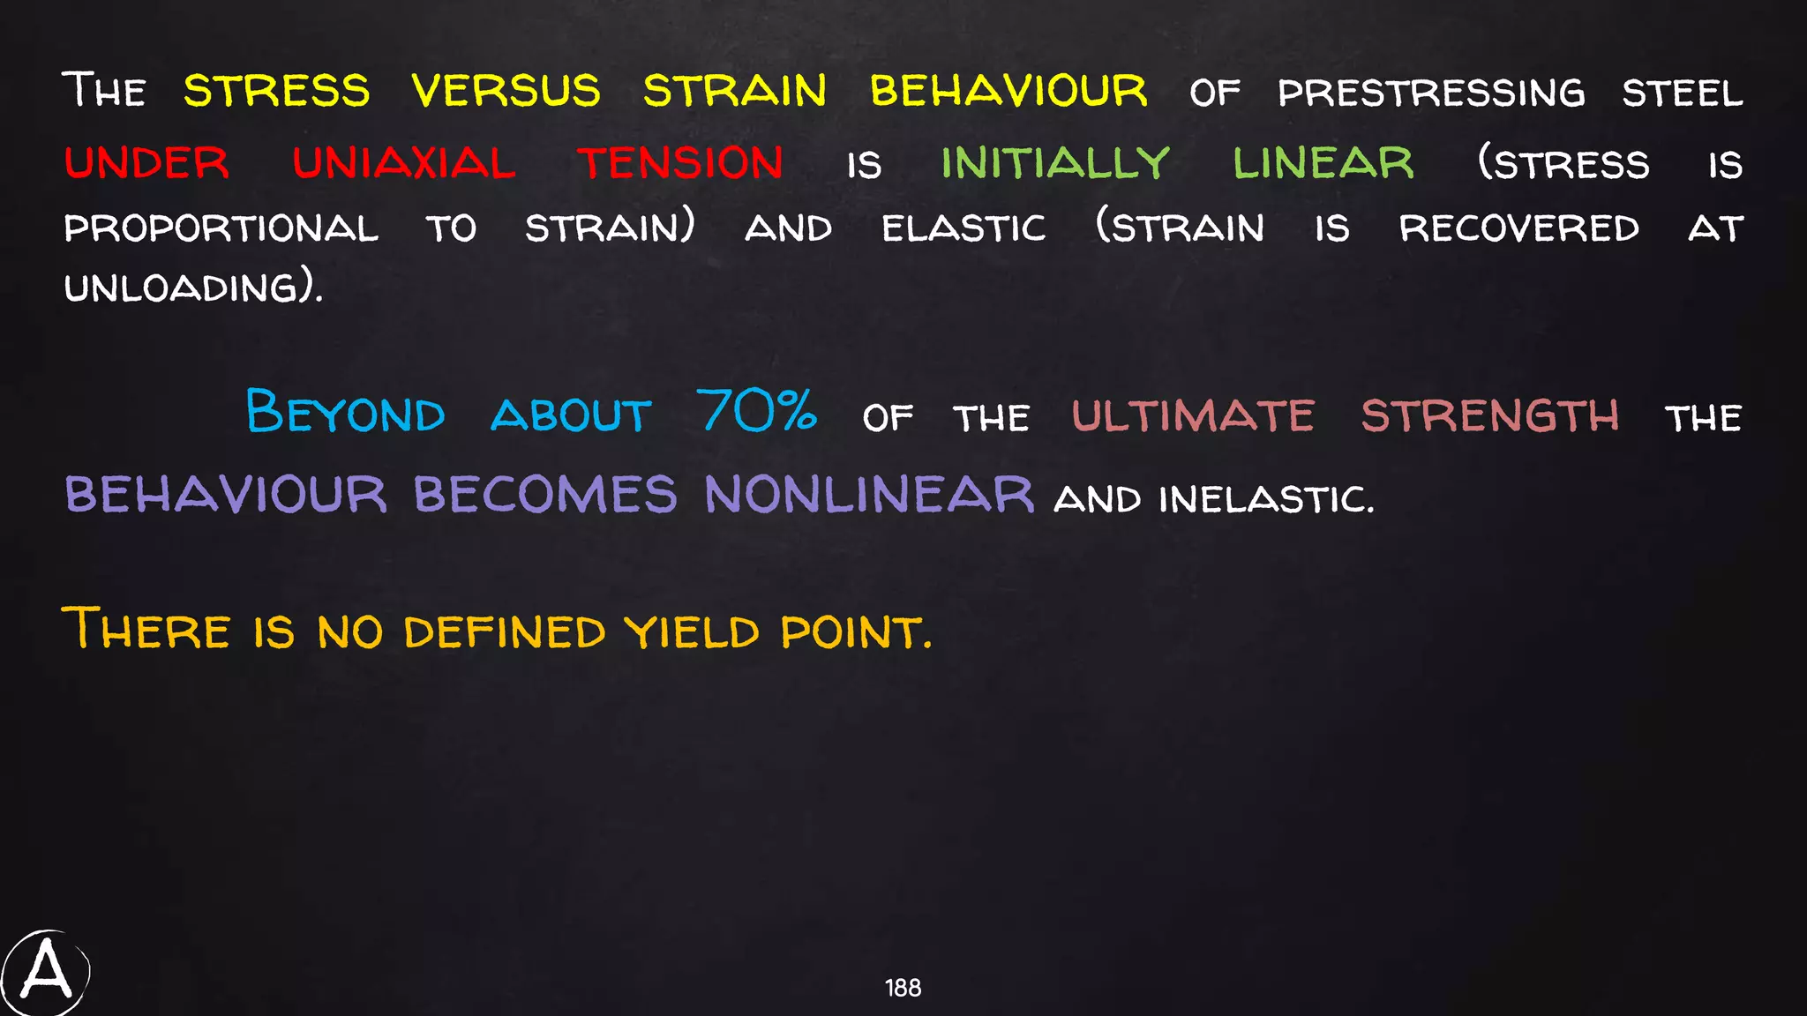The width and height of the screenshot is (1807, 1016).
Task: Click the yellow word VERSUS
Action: point(506,92)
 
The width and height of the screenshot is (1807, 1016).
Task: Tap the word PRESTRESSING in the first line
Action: point(1431,93)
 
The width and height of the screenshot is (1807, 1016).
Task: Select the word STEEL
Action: point(1682,93)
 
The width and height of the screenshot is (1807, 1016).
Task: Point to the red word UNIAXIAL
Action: point(404,164)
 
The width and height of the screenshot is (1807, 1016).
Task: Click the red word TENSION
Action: point(680,164)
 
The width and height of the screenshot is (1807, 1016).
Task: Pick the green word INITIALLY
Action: point(1055,164)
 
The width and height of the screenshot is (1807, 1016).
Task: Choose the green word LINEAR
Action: point(1323,164)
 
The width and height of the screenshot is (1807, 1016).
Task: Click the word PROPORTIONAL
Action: point(221,229)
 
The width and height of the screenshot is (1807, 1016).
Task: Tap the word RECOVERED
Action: point(1519,229)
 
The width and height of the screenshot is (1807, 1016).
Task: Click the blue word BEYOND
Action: point(345,413)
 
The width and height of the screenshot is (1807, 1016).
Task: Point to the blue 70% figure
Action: point(757,411)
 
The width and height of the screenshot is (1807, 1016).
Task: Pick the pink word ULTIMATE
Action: point(1193,416)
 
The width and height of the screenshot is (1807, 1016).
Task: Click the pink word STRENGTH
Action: point(1489,416)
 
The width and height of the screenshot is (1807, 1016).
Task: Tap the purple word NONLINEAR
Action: point(869,495)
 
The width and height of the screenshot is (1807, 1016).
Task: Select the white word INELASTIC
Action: point(1265,500)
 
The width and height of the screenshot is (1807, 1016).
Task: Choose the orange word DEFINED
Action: point(505,632)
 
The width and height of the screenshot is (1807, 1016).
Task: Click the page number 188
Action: point(903,988)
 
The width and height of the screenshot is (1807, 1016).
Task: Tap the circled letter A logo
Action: point(46,973)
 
